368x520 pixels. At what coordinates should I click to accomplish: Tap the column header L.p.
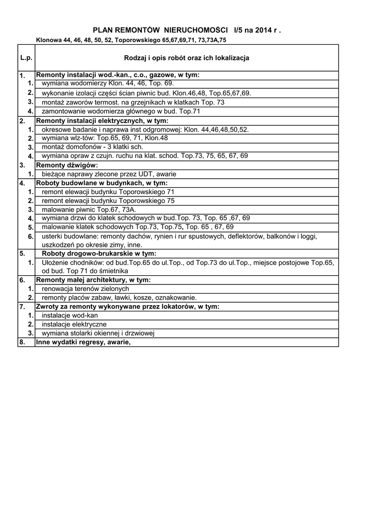(x=26, y=58)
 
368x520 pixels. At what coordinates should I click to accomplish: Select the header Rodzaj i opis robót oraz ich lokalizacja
(x=187, y=58)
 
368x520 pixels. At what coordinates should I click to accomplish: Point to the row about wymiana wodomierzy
(x=108, y=83)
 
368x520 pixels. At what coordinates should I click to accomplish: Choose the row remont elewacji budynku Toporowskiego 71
(x=108, y=192)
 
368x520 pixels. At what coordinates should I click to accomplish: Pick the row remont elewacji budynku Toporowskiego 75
(x=108, y=201)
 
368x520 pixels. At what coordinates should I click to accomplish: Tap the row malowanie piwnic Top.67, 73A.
(x=89, y=209)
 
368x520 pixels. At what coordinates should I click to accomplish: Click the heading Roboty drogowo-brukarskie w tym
(x=99, y=253)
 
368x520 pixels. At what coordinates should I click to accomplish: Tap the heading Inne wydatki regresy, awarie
(x=83, y=342)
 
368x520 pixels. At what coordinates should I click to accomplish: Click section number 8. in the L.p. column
(x=22, y=342)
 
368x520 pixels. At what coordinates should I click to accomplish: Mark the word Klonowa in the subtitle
(x=48, y=40)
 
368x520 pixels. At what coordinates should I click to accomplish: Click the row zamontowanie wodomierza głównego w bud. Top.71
(x=121, y=111)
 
